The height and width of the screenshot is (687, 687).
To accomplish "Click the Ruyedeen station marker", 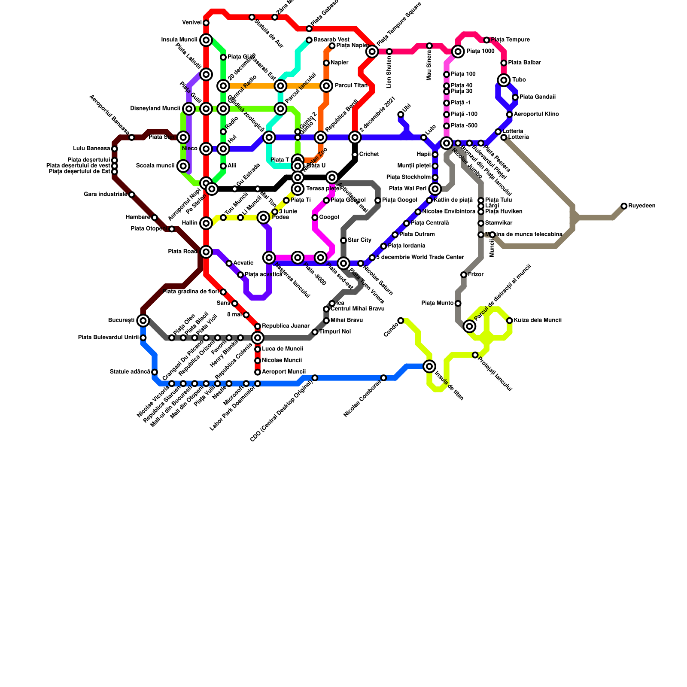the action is pos(624,206).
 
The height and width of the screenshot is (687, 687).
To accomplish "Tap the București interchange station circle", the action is pos(143,320).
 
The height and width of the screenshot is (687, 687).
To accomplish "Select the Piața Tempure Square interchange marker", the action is pos(372,52).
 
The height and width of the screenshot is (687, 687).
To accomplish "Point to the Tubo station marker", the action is pos(504,80).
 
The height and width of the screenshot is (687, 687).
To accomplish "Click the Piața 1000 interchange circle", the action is pos(459,52).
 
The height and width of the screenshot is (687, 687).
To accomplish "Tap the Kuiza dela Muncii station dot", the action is pos(509,320).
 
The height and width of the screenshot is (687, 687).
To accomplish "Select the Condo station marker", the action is pos(401,320).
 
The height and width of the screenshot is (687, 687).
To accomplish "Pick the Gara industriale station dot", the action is pos(132,195).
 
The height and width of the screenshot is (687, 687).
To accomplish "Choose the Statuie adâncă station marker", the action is pos(155,372).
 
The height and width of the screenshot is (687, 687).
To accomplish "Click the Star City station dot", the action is pos(343,240).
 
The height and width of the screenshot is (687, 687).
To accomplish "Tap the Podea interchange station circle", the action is pos(264,218).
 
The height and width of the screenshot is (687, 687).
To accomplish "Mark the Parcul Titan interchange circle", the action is pos(326,86).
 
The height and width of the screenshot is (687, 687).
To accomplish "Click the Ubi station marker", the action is pos(401,114).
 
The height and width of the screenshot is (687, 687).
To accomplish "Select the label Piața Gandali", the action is pos(537,97).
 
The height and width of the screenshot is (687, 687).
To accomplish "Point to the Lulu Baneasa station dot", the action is pos(115,149).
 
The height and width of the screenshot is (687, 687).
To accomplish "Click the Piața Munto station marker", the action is pos(458,304).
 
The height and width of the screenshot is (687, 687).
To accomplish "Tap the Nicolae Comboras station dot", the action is pos(383,378).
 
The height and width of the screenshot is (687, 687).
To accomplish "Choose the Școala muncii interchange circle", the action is pos(183,166).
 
